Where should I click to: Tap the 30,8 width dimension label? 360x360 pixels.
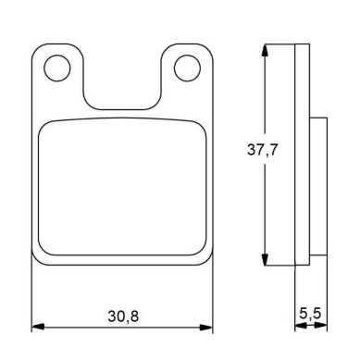[x=123, y=317]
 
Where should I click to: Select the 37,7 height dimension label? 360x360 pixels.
[x=263, y=150]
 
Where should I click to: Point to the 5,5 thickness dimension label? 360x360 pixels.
[x=310, y=314]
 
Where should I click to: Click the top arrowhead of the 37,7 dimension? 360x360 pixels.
[x=265, y=50]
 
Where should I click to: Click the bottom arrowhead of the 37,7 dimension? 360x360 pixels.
[x=265, y=260]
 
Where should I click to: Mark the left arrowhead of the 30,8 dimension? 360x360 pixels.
[x=38, y=327]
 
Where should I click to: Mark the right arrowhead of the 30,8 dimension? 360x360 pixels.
[x=206, y=327]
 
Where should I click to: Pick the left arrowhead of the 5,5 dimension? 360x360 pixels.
[x=301, y=326]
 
